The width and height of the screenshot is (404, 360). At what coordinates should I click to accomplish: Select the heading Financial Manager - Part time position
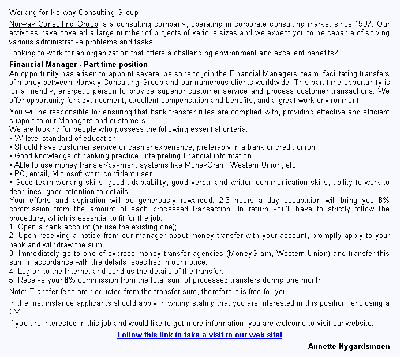coord(78,64)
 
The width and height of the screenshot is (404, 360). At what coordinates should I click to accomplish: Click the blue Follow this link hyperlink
coord(200,335)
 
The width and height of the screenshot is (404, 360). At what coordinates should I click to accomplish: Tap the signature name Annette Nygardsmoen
coord(349,347)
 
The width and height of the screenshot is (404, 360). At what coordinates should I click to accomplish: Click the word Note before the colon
coord(17,292)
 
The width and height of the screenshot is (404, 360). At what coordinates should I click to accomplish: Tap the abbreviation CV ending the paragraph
coord(14,311)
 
